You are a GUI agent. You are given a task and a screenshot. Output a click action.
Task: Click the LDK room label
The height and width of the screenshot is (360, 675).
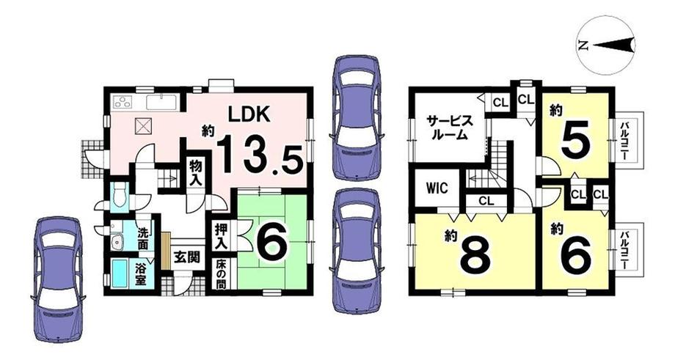tap(249, 114)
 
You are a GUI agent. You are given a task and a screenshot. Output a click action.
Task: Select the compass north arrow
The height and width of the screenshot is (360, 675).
tap(612, 44)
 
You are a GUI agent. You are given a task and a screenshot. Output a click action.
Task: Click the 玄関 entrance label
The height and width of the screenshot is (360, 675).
tap(187, 257)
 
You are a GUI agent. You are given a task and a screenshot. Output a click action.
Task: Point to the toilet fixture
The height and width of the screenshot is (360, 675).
tap(120, 197)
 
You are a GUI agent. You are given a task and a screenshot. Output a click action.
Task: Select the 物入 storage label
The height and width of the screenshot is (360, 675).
tap(196, 173)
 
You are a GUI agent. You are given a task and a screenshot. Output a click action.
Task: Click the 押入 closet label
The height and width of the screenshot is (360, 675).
tap(222, 236)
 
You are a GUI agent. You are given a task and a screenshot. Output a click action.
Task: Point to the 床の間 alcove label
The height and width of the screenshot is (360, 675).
tap(221, 273)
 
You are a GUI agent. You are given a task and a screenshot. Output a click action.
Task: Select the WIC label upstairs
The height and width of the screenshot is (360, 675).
tap(437, 188)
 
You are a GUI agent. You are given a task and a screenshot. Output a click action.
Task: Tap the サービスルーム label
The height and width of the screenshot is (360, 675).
tap(449, 128)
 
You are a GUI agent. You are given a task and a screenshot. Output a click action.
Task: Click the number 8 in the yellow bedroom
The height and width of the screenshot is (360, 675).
tap(475, 255)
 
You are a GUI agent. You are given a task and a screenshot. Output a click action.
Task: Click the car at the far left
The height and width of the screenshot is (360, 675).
tap(59, 279)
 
